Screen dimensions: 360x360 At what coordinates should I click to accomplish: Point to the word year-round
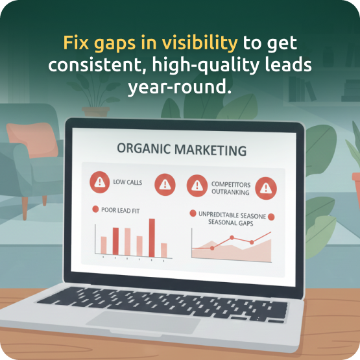(x=180, y=86)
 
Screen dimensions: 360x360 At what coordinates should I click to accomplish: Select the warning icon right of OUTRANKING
(x=264, y=187)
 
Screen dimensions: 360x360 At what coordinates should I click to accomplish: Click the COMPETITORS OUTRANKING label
(x=230, y=188)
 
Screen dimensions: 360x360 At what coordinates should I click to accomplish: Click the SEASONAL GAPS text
(x=230, y=222)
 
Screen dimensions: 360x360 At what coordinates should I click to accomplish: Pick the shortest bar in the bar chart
(x=164, y=250)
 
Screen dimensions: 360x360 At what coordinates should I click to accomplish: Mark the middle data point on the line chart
(x=232, y=238)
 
